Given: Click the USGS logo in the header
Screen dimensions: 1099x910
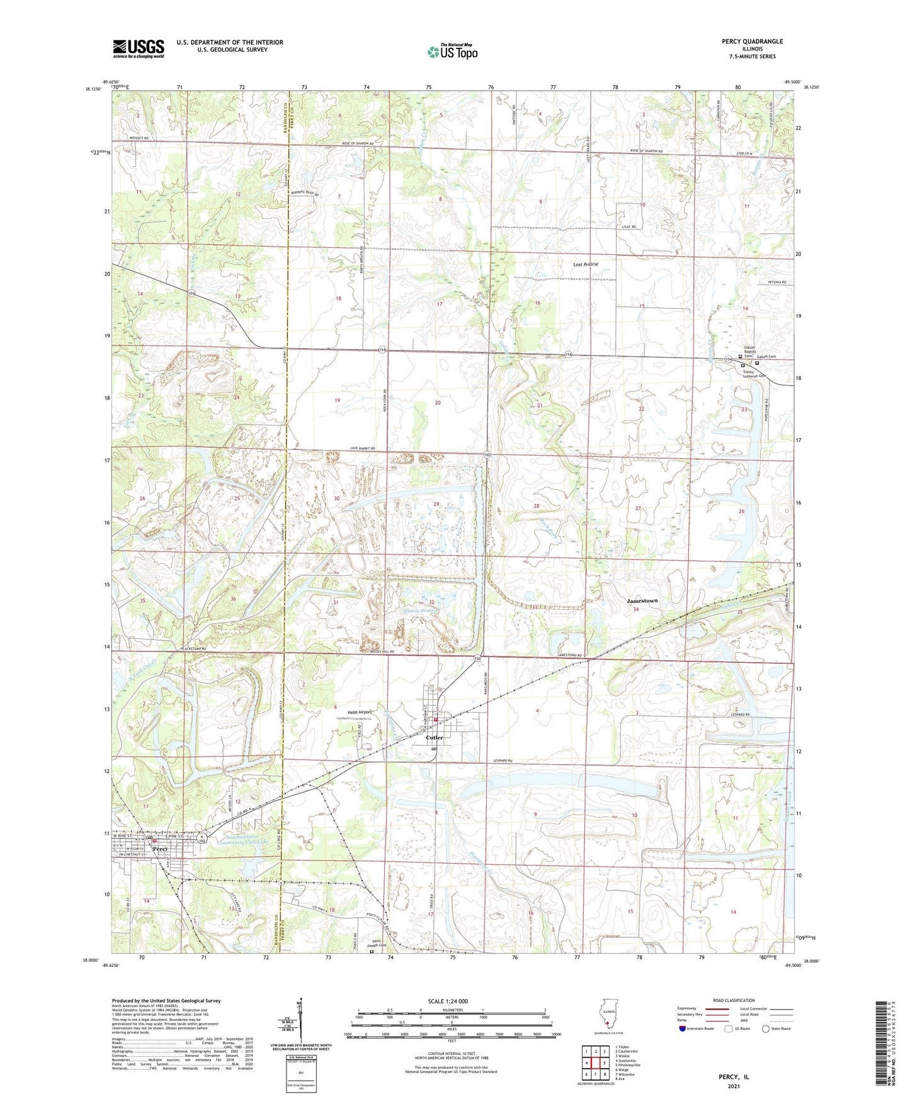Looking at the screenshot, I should [x=139, y=48].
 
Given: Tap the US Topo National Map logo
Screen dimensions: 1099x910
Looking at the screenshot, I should [x=452, y=52].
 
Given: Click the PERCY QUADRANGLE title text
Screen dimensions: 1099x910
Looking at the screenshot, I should [x=752, y=42].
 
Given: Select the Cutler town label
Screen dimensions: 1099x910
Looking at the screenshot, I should [x=435, y=737].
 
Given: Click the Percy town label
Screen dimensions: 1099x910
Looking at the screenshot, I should [x=160, y=848].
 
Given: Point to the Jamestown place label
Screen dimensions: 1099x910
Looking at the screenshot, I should [x=642, y=600].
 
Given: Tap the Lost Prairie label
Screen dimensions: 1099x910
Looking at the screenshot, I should [x=585, y=264].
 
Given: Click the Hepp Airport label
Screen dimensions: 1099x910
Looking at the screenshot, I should [x=360, y=712].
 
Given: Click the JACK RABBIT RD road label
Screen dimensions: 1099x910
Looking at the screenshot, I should [x=362, y=448].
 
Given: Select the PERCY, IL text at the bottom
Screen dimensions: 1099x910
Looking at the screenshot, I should [x=734, y=1077].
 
